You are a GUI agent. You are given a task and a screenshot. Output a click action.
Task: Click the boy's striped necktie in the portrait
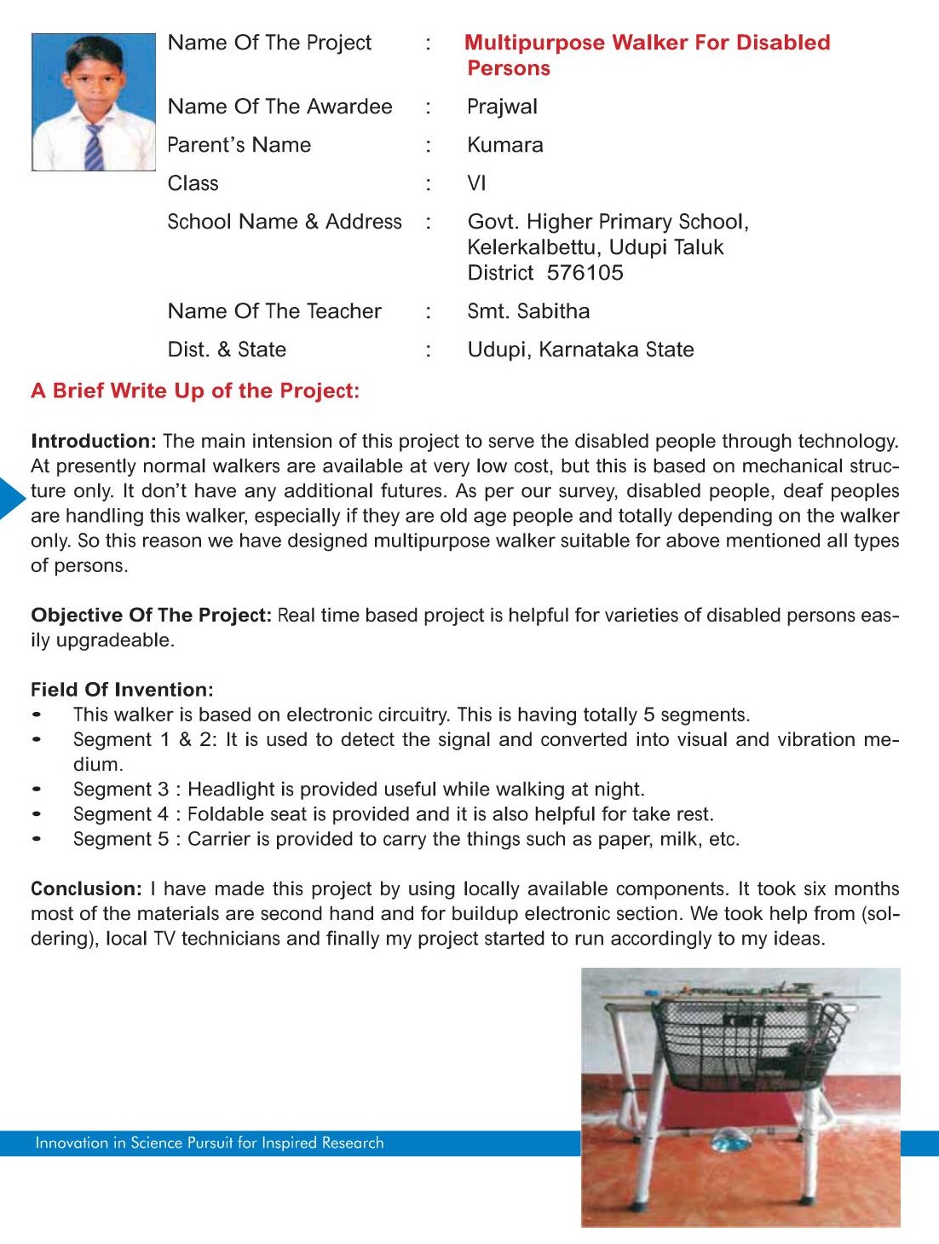pos(94,147)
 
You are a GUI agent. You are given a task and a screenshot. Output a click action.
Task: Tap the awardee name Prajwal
pos(502,107)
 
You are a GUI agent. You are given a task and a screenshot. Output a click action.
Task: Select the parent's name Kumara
pos(504,145)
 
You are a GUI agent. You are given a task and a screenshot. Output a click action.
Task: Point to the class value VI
pos(476,183)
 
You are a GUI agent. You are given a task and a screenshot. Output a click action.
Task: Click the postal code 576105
pos(585,273)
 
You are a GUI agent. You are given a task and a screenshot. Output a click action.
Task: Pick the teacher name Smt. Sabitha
pos(528,311)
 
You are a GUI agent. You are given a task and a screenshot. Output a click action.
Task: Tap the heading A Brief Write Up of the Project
pos(195,391)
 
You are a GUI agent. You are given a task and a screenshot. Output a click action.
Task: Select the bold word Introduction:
pos(94,441)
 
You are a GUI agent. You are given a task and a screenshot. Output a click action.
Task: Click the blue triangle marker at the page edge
pos(10,499)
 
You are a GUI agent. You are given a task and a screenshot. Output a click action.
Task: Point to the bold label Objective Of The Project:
pos(151,615)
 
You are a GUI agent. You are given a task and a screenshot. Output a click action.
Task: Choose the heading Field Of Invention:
pos(122,689)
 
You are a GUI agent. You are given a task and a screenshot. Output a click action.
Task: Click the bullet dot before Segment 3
pos(37,790)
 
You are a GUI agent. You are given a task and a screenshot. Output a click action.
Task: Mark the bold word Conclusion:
pos(86,888)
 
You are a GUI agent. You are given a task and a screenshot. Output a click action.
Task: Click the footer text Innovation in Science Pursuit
pos(210,1143)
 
